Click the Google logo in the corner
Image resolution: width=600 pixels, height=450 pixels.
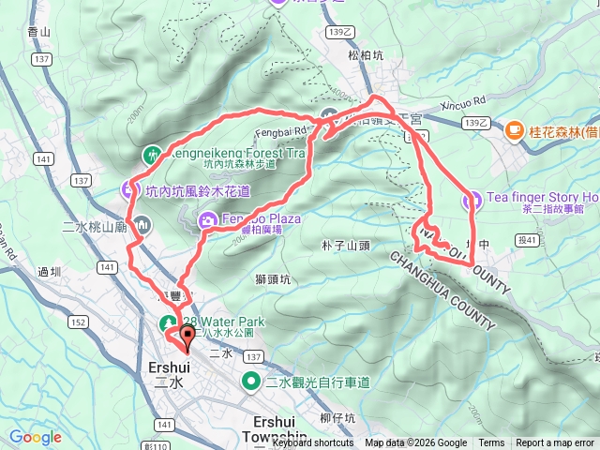click(x=36, y=437)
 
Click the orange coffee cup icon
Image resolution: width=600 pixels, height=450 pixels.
click(x=514, y=131)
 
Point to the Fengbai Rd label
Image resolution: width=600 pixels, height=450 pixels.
click(x=288, y=131)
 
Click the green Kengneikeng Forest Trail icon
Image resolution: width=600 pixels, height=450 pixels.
click(x=153, y=153)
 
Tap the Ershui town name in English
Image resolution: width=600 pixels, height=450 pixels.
click(x=169, y=367)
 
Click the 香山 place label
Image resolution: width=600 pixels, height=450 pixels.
click(x=39, y=32)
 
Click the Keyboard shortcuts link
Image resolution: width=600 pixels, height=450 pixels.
click(x=313, y=443)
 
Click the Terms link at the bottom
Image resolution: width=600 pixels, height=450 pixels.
click(x=491, y=443)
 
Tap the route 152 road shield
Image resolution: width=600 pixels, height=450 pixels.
click(x=80, y=322)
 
